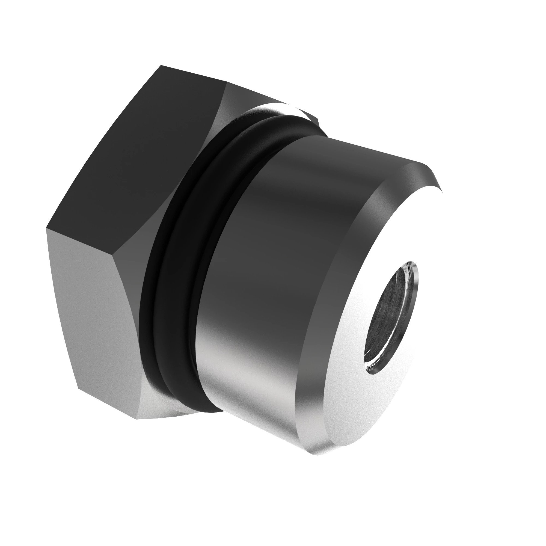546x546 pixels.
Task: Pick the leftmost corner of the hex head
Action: pos(46,228)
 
